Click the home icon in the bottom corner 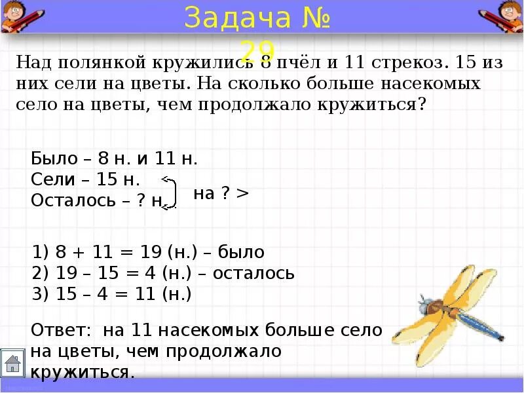point(12,363)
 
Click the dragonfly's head point(425,305)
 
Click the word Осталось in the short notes point(72,201)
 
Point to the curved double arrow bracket point(171,193)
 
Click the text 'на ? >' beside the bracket point(221,194)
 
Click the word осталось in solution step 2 point(253,273)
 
